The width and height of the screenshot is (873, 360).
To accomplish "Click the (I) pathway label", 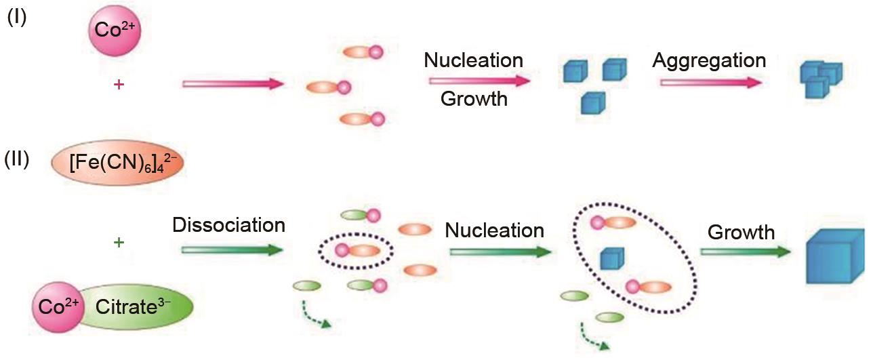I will click(17, 18).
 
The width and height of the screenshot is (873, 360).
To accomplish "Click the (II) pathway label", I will click(17, 161).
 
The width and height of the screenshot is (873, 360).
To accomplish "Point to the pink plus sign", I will click(119, 85).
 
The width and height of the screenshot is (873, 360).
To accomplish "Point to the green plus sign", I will click(119, 242).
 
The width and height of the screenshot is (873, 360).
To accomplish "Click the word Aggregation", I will click(709, 60).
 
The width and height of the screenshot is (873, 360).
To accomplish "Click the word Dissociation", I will click(228, 224).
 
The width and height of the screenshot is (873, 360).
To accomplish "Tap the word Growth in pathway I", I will click(474, 99).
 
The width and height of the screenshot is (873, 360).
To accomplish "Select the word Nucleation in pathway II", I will click(494, 231).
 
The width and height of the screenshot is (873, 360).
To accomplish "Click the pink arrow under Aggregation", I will click(711, 82).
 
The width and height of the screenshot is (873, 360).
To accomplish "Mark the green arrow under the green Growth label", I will click(746, 252).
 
